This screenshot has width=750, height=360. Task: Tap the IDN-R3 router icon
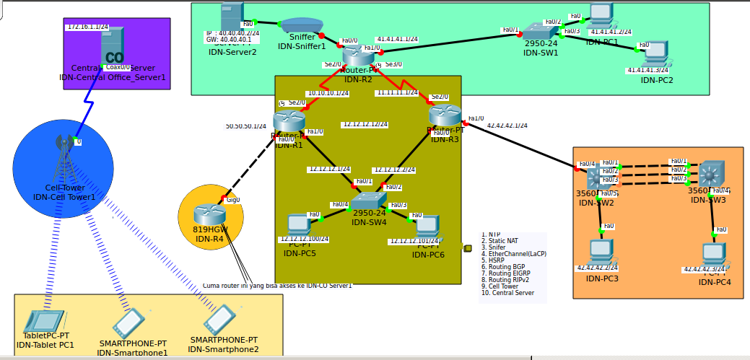(x=445, y=115)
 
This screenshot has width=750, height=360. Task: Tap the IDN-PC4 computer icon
(x=714, y=253)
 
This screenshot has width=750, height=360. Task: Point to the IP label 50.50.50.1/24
(x=245, y=126)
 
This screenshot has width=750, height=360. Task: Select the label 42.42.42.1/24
(x=507, y=126)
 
